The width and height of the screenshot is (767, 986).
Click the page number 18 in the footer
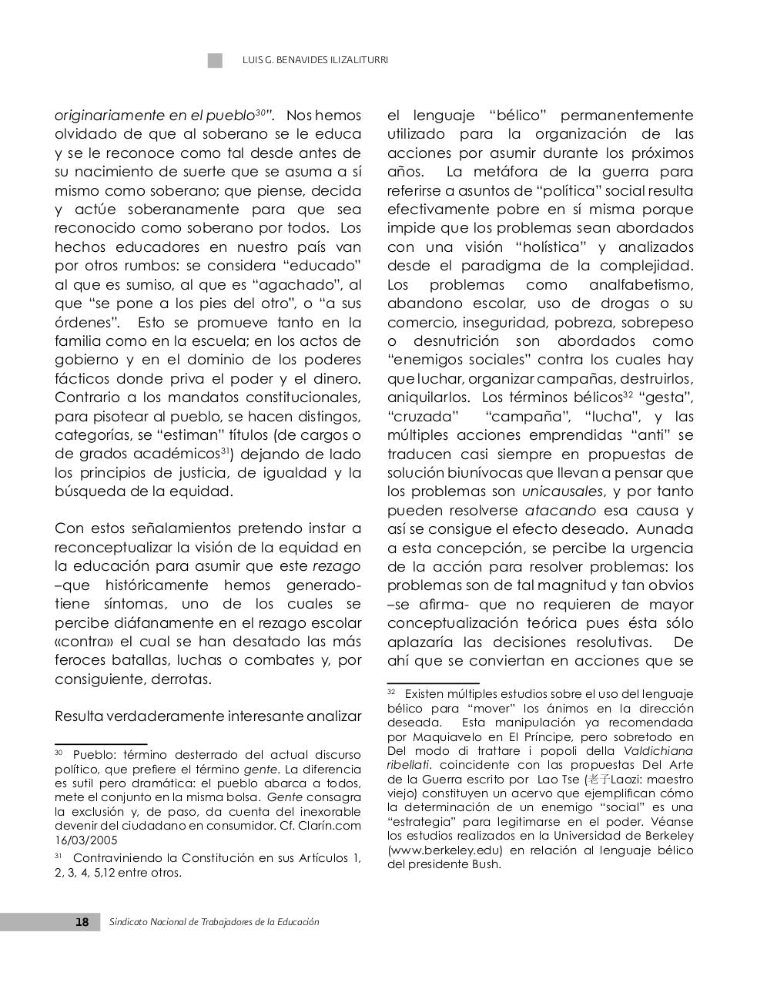click(82, 922)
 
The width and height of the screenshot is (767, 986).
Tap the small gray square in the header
click(215, 61)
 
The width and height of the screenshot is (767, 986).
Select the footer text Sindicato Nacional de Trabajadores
click(214, 922)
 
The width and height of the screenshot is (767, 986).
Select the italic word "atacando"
click(560, 511)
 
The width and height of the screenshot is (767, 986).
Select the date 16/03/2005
click(85, 840)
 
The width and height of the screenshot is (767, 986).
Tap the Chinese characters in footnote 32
click(598, 779)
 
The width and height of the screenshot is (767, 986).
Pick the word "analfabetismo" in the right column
click(641, 285)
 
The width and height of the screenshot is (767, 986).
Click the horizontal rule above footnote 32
click(433, 682)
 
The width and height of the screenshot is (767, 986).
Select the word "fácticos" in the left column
click(82, 379)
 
